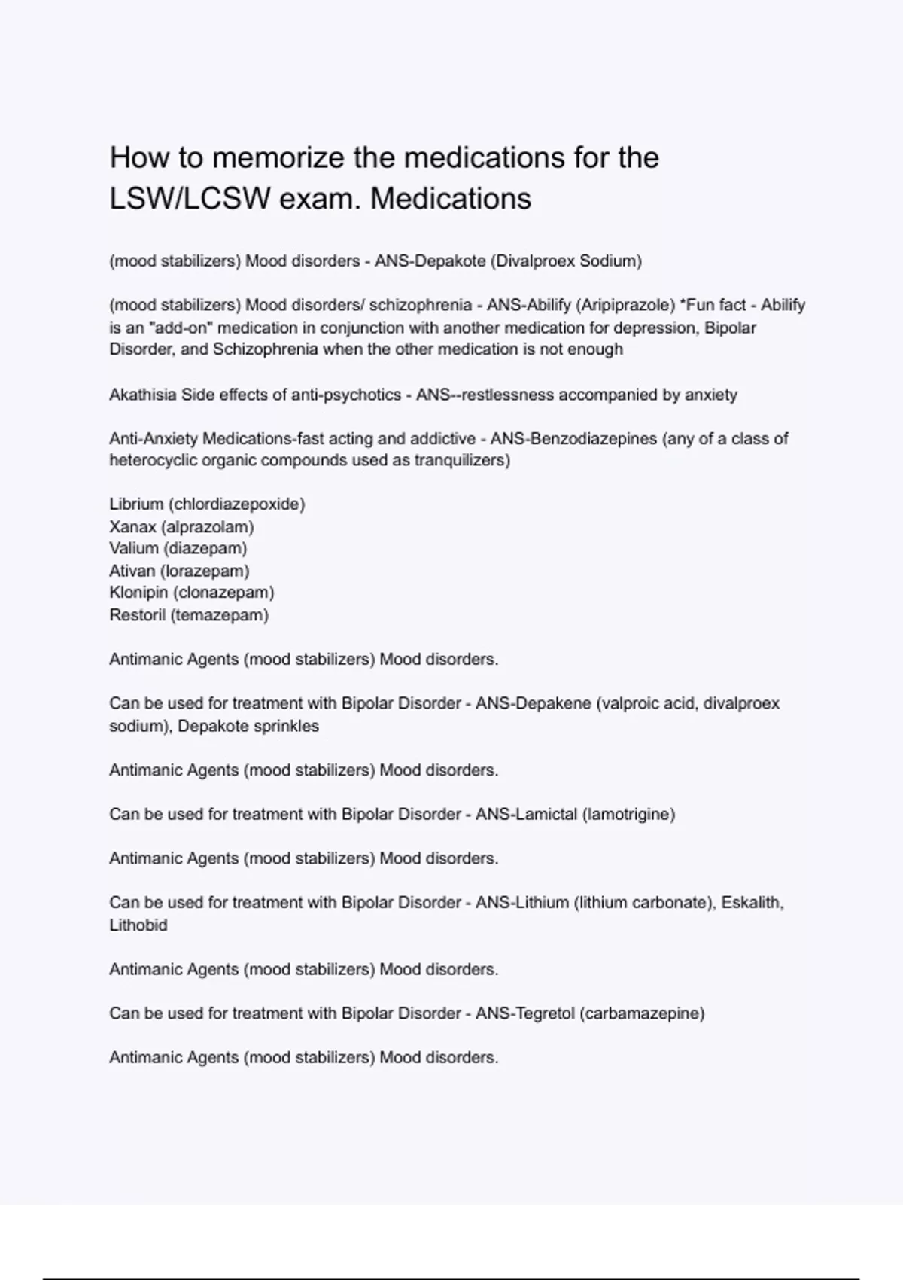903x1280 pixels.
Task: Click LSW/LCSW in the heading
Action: pos(190,199)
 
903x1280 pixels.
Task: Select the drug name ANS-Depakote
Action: pos(430,261)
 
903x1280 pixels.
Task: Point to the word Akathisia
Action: pos(143,395)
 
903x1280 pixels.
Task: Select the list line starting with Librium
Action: pos(207,504)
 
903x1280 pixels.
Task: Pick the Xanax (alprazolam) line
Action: pos(181,526)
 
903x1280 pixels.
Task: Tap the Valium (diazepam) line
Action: pos(178,548)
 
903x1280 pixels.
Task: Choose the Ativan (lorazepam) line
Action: pos(179,571)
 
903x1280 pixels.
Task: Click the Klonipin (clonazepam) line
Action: pos(192,593)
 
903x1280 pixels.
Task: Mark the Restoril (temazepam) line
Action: pos(189,615)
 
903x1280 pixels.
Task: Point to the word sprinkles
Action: pos(291,726)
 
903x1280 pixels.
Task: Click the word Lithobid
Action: pos(138,925)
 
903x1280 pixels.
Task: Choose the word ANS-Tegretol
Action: pos(525,1013)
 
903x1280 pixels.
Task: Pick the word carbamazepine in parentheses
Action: pos(642,1013)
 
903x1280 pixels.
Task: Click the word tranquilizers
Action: pos(461,460)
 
